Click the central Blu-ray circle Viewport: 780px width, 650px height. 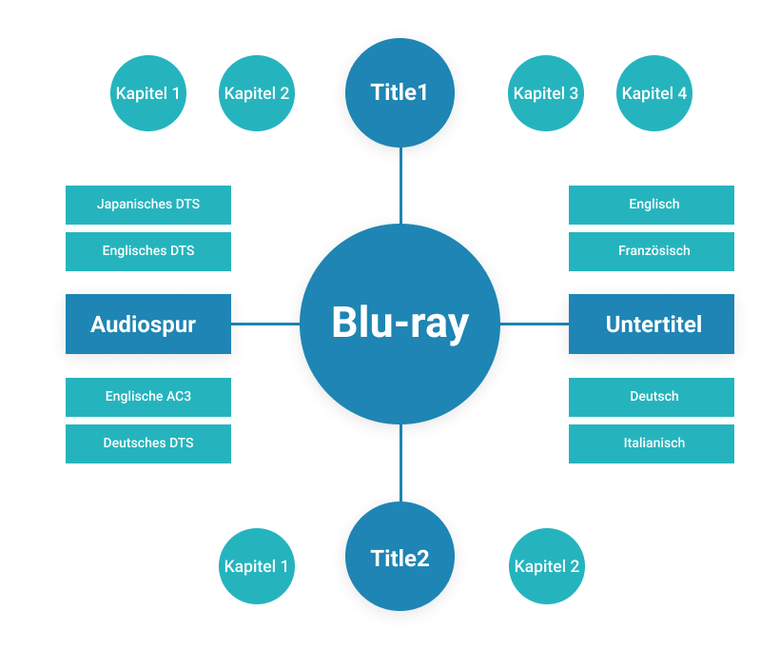[x=400, y=324]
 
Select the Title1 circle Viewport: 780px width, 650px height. [x=400, y=93]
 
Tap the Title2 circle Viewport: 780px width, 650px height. [x=400, y=558]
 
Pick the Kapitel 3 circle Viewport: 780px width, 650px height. [x=545, y=93]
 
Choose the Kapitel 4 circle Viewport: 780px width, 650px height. [x=653, y=93]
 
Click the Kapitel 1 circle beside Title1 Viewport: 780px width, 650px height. [x=147, y=93]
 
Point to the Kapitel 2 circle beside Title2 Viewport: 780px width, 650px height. [x=546, y=566]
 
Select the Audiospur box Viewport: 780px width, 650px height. [x=147, y=325]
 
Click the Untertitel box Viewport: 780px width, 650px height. [x=652, y=325]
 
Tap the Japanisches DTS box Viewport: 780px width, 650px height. [x=147, y=205]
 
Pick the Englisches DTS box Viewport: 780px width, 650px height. [x=147, y=251]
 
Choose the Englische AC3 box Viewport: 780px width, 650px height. [x=147, y=397]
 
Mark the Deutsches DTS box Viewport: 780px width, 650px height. [x=147, y=443]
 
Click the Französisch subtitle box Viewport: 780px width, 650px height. [x=652, y=251]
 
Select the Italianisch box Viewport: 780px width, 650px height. [x=652, y=443]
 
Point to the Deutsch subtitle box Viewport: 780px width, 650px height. [x=652, y=397]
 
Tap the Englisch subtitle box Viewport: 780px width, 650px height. [x=652, y=205]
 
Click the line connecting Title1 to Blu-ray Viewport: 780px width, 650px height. [x=400, y=186]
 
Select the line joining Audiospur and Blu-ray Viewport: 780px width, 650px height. [x=265, y=325]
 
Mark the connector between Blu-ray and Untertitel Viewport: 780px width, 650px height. [x=535, y=325]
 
